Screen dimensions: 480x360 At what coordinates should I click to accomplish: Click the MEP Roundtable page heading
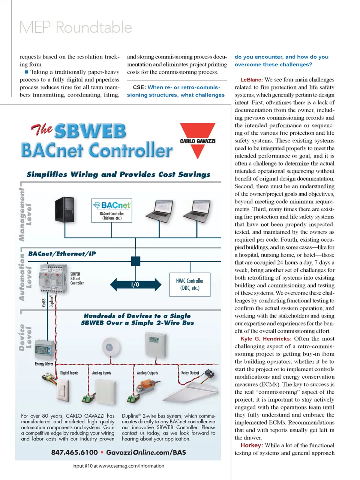pyautogui.click(x=76, y=28)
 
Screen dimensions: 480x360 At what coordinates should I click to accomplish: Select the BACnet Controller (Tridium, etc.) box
pyautogui.click(x=112, y=210)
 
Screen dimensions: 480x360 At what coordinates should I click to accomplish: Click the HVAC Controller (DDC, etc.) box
pyautogui.click(x=190, y=284)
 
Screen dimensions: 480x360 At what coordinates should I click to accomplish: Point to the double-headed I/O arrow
pyautogui.click(x=135, y=284)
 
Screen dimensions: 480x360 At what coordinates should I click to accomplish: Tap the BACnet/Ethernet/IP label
pyautogui.click(x=62, y=254)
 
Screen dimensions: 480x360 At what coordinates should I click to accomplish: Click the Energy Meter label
pyautogui.click(x=44, y=364)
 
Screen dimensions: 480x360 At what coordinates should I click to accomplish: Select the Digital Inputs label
pyautogui.click(x=69, y=373)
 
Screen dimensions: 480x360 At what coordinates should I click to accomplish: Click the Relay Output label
pyautogui.click(x=190, y=373)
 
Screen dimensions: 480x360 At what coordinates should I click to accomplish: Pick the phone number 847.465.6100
pyautogui.click(x=74, y=452)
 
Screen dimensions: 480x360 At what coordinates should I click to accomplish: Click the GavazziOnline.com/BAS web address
pyautogui.click(x=146, y=452)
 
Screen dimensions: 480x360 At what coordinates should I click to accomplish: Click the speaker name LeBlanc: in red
pyautogui.click(x=252, y=80)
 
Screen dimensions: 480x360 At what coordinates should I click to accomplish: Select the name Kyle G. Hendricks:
pyautogui.click(x=266, y=339)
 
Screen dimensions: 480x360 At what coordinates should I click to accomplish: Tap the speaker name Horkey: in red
pyautogui.click(x=252, y=445)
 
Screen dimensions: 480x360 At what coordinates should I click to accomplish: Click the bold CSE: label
pyautogui.click(x=139, y=87)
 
